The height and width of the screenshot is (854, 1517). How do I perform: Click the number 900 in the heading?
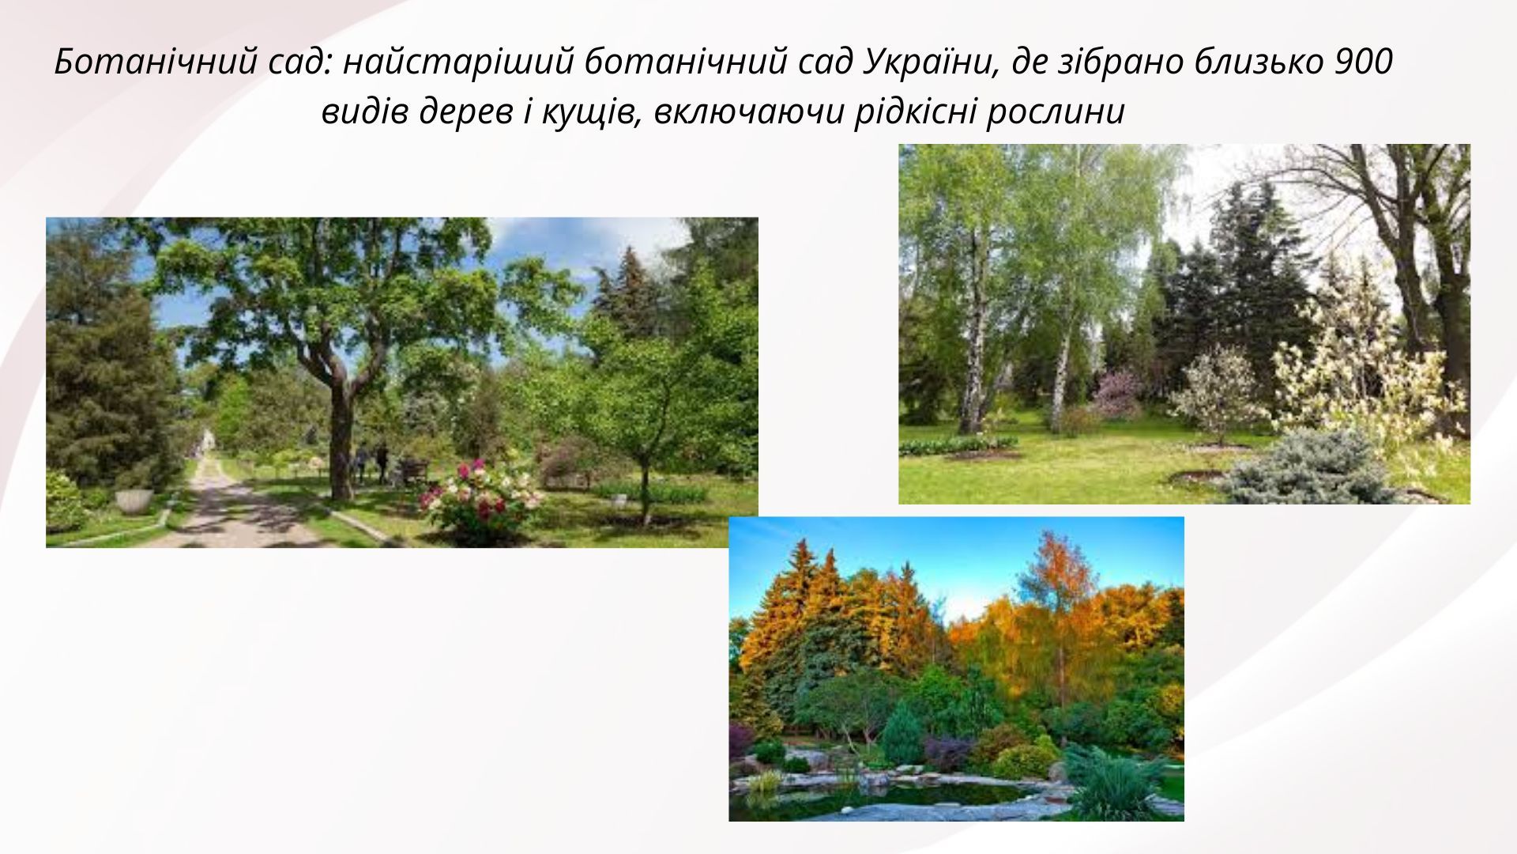coord(1363,62)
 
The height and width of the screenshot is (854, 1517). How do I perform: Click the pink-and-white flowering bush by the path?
coord(480,497)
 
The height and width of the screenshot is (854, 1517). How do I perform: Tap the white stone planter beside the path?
coord(134,501)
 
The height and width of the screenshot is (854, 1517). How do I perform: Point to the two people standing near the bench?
coord(371,462)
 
